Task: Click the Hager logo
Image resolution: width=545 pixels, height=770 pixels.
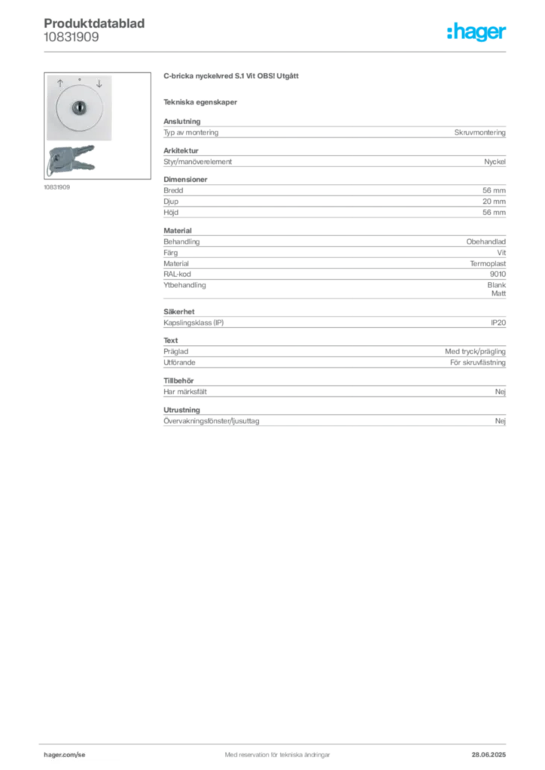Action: (x=476, y=32)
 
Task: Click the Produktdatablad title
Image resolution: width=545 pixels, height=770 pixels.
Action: (x=94, y=23)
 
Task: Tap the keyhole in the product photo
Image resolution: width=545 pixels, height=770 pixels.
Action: (x=79, y=108)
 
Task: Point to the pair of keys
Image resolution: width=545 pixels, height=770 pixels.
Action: (x=72, y=159)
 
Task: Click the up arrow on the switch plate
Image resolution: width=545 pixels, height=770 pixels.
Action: (x=60, y=83)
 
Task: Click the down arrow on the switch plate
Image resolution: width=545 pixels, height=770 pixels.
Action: (x=99, y=83)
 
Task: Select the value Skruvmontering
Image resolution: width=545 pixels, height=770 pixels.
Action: (x=480, y=132)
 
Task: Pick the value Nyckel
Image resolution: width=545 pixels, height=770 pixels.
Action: (x=495, y=162)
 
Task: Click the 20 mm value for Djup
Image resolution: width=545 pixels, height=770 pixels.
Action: (x=494, y=202)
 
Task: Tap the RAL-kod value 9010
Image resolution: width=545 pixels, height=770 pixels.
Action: (x=498, y=274)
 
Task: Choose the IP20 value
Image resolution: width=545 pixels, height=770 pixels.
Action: (x=498, y=323)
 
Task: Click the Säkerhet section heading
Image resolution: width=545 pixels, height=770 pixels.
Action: (x=179, y=311)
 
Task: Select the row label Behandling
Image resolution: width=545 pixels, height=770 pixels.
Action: (x=181, y=241)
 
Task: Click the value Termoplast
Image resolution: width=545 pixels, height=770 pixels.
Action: (x=488, y=264)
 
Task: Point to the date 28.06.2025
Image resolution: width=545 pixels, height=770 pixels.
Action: (x=489, y=754)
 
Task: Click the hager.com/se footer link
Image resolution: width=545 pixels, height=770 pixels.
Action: (x=65, y=754)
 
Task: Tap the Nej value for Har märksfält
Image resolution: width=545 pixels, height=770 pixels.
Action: (x=501, y=391)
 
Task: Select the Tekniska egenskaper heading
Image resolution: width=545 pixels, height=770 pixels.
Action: (x=200, y=102)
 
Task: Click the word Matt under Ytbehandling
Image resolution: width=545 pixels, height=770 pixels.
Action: (x=498, y=293)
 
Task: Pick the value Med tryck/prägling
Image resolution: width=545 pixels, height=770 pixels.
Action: (x=475, y=352)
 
